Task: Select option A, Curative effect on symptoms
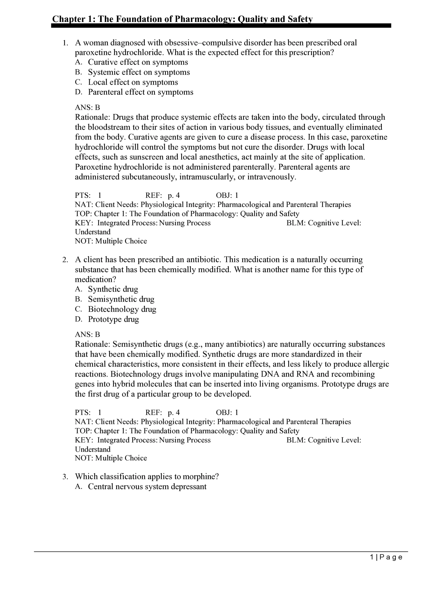click(138, 62)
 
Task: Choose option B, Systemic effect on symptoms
click(139, 72)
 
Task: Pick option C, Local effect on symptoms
click(133, 82)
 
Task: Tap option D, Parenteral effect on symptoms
click(140, 92)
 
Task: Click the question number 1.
click(65, 43)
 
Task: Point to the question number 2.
click(65, 260)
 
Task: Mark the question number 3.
click(65, 477)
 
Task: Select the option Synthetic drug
click(113, 289)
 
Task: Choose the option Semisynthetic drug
click(121, 299)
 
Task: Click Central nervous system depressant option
click(147, 487)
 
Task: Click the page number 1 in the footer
click(372, 557)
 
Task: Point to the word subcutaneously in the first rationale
click(149, 177)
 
